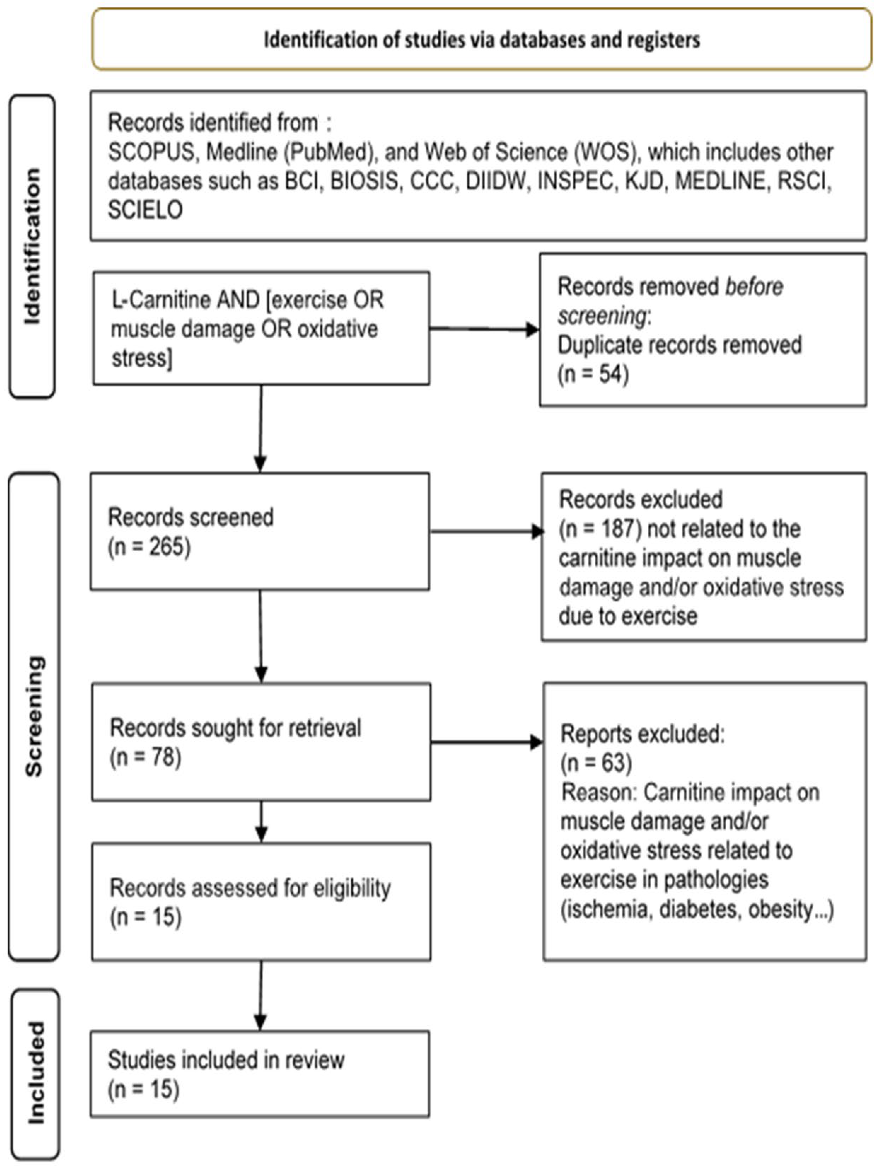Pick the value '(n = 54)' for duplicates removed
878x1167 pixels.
click(x=593, y=374)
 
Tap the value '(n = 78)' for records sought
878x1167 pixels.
click(x=145, y=757)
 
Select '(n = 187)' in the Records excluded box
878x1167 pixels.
click(x=600, y=529)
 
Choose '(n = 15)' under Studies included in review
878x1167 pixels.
click(x=144, y=1089)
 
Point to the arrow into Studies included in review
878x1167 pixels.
click(x=260, y=994)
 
